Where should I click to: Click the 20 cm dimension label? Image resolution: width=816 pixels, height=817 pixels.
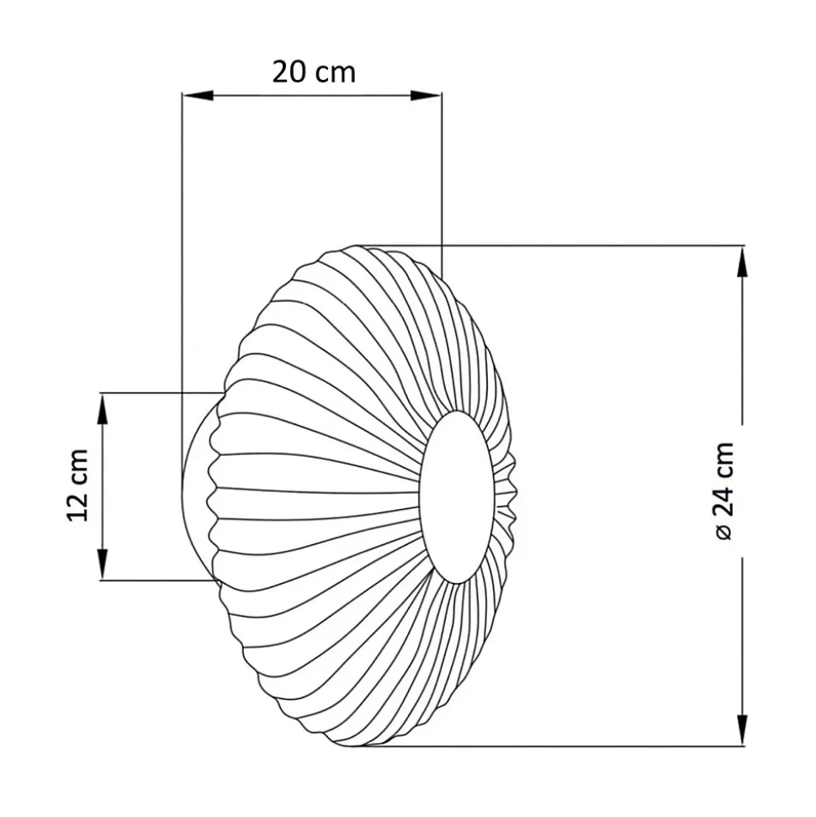[314, 72]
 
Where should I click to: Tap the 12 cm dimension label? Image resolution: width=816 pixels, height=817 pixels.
[77, 485]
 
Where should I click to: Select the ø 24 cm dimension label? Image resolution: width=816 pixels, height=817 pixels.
[724, 491]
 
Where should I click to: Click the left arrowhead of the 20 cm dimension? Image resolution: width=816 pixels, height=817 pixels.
[198, 95]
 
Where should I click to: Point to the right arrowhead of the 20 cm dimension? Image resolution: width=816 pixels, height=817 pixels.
[426, 95]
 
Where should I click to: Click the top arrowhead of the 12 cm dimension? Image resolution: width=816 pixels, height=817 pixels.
[103, 408]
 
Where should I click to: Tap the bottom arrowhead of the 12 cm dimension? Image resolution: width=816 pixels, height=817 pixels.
[103, 564]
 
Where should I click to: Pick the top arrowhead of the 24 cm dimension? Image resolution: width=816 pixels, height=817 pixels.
[744, 262]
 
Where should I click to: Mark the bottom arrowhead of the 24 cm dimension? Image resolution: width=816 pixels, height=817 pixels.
[744, 730]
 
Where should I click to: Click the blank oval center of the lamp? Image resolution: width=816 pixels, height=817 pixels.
[457, 496]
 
